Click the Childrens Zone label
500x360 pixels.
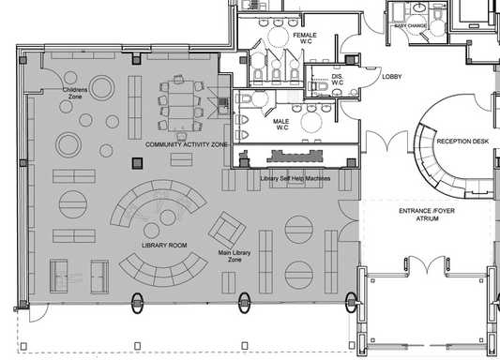75,94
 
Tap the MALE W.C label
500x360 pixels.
280,123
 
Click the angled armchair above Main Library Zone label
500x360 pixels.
228,228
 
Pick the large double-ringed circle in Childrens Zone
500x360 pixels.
70,144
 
